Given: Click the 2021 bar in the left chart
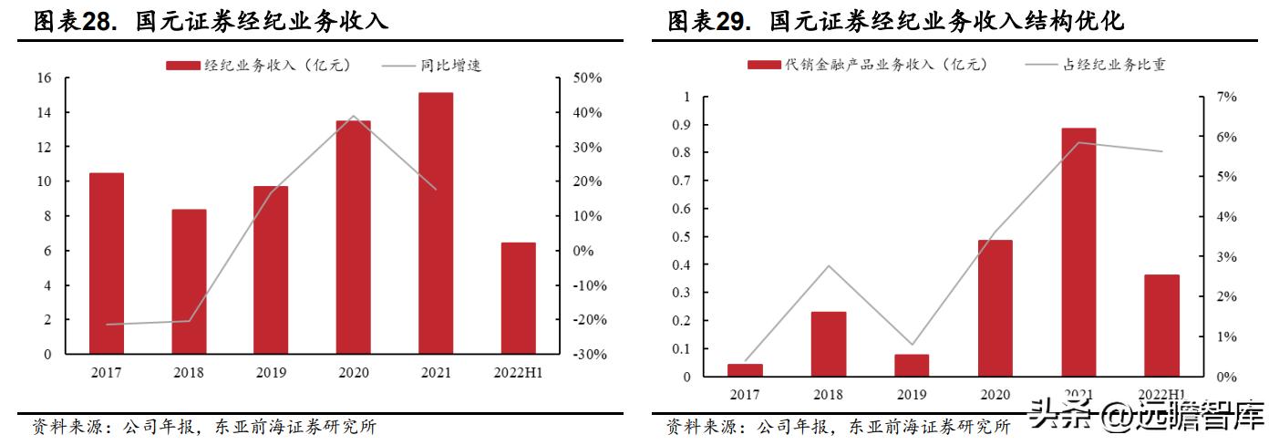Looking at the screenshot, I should [436, 223].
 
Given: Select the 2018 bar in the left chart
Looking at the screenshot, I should [189, 282].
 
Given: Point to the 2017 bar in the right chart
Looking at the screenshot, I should [746, 370].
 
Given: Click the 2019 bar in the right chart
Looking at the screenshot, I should [912, 365].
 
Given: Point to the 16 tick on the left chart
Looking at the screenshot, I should [44, 78].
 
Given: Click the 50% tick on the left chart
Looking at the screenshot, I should [588, 78].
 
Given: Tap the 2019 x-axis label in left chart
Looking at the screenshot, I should [271, 373].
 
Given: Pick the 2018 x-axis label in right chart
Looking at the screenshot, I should [829, 395].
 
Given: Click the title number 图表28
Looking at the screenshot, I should [77, 22].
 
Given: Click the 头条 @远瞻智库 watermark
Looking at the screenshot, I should [1147, 419].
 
